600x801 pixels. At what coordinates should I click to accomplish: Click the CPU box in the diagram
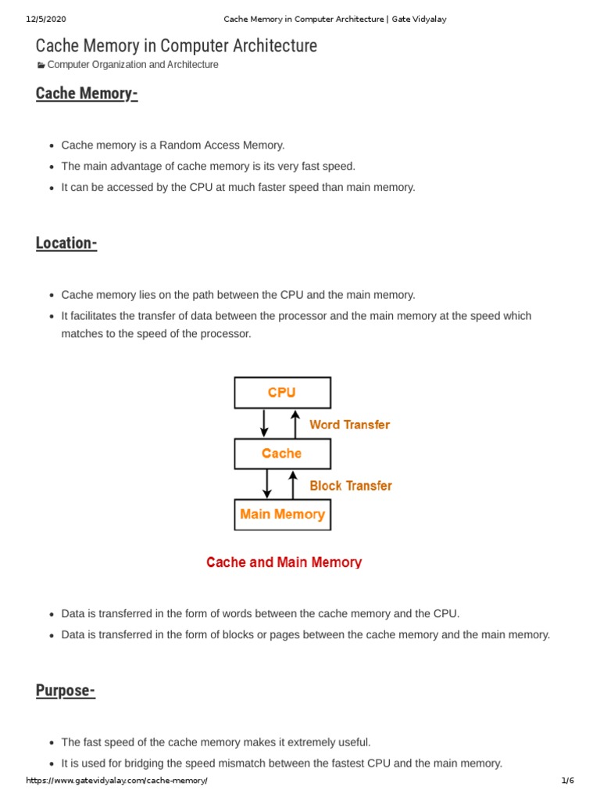pos(282,393)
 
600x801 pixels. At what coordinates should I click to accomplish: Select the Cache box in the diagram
pos(282,454)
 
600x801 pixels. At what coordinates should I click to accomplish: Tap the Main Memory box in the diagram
pos(282,515)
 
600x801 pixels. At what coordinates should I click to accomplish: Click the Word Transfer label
pos(349,425)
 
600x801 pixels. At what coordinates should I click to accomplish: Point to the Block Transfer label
pos(351,486)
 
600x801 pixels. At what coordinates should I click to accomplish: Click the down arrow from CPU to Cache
pos(265,423)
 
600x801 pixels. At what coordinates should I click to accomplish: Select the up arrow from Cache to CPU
pos(295,423)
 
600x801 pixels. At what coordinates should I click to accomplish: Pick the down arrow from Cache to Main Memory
pos(267,483)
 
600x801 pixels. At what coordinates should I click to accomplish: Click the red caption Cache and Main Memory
pos(284,562)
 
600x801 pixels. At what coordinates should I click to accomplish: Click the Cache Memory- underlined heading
pos(87,94)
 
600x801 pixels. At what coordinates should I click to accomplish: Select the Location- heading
pos(66,243)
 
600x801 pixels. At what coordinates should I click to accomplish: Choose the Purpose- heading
pos(66,691)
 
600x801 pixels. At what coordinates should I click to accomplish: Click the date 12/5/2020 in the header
pos(45,19)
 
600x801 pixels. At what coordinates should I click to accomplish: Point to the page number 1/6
pos(568,781)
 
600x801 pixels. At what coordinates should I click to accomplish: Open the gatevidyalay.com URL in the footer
pos(117,781)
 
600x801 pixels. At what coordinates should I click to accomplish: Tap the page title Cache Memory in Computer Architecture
pos(177,46)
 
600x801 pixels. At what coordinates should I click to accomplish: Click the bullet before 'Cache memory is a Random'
pos(51,146)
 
